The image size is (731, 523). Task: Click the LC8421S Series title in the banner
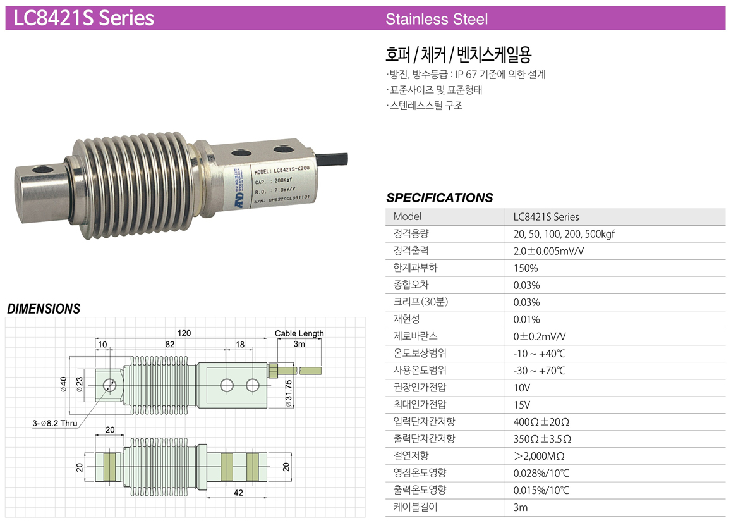(83, 18)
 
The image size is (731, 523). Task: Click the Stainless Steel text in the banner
(437, 19)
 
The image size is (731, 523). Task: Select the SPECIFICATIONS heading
(439, 198)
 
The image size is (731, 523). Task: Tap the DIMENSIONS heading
(44, 309)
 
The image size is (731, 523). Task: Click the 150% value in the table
(526, 268)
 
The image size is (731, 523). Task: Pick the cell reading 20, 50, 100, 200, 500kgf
(564, 234)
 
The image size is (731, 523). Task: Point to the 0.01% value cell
(526, 319)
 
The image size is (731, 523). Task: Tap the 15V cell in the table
(522, 405)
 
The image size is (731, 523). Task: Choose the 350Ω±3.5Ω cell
(542, 439)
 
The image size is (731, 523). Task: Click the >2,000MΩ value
(539, 456)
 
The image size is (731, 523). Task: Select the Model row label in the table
(407, 217)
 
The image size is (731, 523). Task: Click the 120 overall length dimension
(184, 333)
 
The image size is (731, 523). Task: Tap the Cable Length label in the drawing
(299, 333)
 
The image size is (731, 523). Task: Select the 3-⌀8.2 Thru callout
(55, 424)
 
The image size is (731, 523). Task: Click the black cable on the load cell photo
(334, 157)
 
